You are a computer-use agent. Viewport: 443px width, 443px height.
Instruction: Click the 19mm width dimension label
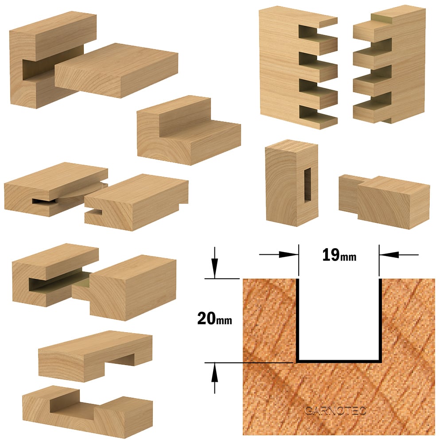click(x=339, y=255)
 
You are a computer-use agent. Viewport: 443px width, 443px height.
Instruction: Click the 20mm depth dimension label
click(x=214, y=319)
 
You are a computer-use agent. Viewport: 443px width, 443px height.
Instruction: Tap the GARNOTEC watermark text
click(x=335, y=410)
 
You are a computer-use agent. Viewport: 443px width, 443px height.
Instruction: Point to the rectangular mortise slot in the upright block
click(x=307, y=185)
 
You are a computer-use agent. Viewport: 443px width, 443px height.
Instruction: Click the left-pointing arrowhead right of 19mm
click(x=389, y=255)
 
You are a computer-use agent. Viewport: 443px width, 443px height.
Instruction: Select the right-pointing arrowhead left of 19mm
click(x=288, y=255)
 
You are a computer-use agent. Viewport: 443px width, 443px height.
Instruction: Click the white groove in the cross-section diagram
click(x=339, y=319)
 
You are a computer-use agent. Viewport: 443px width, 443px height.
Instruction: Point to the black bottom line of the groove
click(x=339, y=361)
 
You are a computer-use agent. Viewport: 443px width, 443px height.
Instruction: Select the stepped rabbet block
click(x=189, y=131)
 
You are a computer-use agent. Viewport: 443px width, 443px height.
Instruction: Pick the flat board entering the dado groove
click(x=116, y=70)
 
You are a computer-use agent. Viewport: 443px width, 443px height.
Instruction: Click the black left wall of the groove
click(x=298, y=320)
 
